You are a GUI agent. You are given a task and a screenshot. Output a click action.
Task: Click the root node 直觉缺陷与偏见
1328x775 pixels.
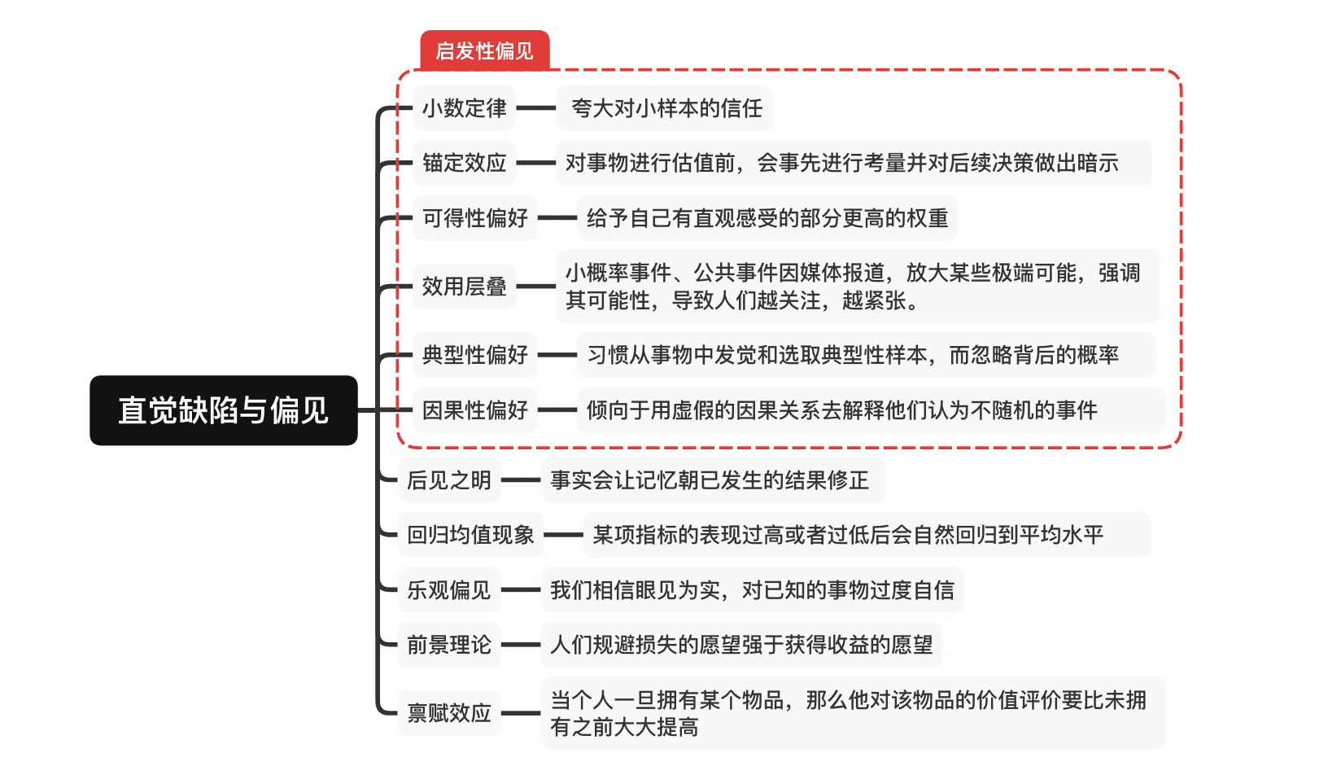click(x=223, y=410)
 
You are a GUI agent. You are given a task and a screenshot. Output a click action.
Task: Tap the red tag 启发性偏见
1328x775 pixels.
click(x=484, y=50)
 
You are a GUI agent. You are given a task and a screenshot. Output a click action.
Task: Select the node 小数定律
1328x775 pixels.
click(x=464, y=107)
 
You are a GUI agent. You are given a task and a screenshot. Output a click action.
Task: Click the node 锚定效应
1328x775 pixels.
click(x=464, y=163)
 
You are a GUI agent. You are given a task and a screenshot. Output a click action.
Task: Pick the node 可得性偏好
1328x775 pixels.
click(x=475, y=218)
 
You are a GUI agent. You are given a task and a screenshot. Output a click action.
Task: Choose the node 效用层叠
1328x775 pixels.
click(x=464, y=287)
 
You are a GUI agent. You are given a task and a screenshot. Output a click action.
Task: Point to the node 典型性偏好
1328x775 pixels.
click(x=475, y=355)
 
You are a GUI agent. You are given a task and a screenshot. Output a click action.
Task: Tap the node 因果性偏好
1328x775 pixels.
click(x=475, y=410)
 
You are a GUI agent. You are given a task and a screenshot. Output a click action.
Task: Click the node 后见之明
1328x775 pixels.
click(x=449, y=480)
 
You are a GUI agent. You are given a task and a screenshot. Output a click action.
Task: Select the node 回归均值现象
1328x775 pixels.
click(x=470, y=535)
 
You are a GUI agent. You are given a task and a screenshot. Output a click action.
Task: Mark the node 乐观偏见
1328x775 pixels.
click(x=449, y=590)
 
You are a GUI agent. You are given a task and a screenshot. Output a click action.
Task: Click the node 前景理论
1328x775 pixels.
click(x=449, y=645)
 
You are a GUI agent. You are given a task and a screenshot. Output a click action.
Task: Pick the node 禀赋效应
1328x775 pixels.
click(x=449, y=713)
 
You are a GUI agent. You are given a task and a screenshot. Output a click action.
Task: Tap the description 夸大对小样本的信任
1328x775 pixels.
click(x=666, y=107)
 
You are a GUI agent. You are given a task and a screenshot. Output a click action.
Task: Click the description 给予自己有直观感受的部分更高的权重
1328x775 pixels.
click(x=767, y=218)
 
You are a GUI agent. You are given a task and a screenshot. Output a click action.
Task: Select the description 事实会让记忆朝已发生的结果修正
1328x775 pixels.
click(x=710, y=480)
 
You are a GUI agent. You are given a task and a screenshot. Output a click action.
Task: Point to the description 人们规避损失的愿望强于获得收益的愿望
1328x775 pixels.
click(x=741, y=645)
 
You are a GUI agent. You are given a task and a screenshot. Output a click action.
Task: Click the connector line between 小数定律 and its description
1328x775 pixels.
click(x=536, y=107)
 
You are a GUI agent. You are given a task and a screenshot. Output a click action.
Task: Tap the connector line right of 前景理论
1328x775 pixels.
click(x=521, y=645)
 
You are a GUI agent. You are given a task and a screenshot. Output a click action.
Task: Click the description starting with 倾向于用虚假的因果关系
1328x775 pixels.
click(x=841, y=410)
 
